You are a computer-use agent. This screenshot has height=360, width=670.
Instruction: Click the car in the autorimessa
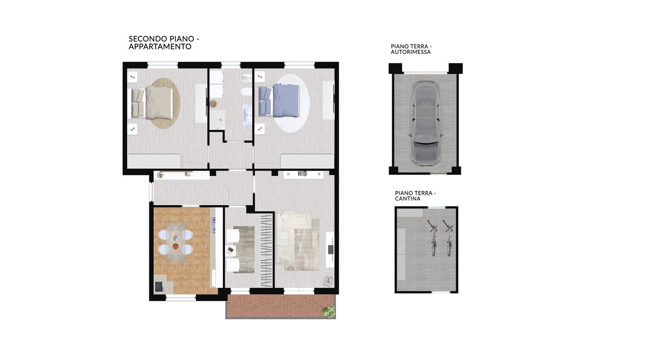coord(425,123)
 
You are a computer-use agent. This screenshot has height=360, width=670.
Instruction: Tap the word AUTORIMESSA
coord(411,52)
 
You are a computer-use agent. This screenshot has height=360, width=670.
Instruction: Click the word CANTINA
coord(408,199)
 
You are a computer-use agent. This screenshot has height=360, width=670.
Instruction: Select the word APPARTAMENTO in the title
coord(160,47)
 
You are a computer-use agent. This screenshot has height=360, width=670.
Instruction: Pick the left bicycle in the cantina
coord(433,238)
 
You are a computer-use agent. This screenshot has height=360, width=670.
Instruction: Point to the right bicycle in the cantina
coord(449,238)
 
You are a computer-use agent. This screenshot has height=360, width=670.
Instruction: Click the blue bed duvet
coord(286,100)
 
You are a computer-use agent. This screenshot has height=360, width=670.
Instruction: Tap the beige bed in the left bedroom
coord(152,102)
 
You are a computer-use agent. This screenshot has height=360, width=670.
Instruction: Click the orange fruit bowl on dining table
coord(175,247)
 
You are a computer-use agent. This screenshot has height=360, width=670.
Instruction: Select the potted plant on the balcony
coord(328,311)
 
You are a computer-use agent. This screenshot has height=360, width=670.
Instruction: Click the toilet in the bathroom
coord(246,91)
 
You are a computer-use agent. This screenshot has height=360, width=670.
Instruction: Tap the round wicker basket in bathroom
coord(214,104)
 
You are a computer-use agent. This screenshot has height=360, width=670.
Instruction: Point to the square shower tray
coord(217,120)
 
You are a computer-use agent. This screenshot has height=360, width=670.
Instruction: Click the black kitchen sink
coord(159,287)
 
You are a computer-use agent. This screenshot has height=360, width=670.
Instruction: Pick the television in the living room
coord(331,249)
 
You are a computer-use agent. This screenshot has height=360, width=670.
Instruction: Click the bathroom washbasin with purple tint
coord(248,115)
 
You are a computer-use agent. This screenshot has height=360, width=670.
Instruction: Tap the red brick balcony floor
coord(280,306)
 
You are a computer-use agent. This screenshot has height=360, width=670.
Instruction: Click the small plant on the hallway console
coord(160,175)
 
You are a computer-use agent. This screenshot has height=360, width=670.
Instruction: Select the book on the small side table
coord(230,251)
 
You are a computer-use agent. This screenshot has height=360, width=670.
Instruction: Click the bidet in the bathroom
coord(246,78)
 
